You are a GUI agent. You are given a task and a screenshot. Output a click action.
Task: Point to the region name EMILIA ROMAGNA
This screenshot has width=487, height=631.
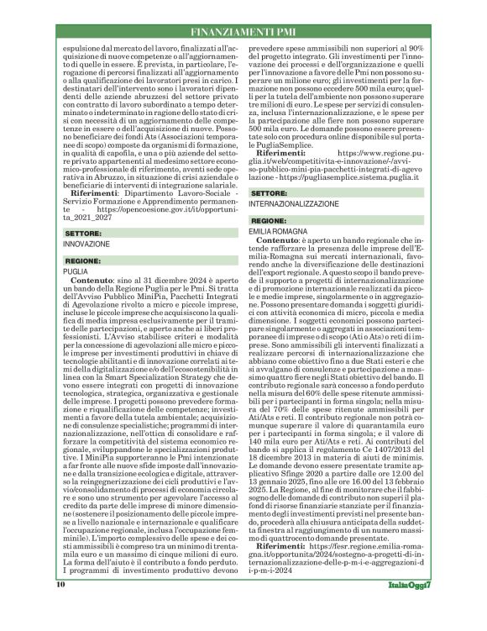[285, 229]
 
